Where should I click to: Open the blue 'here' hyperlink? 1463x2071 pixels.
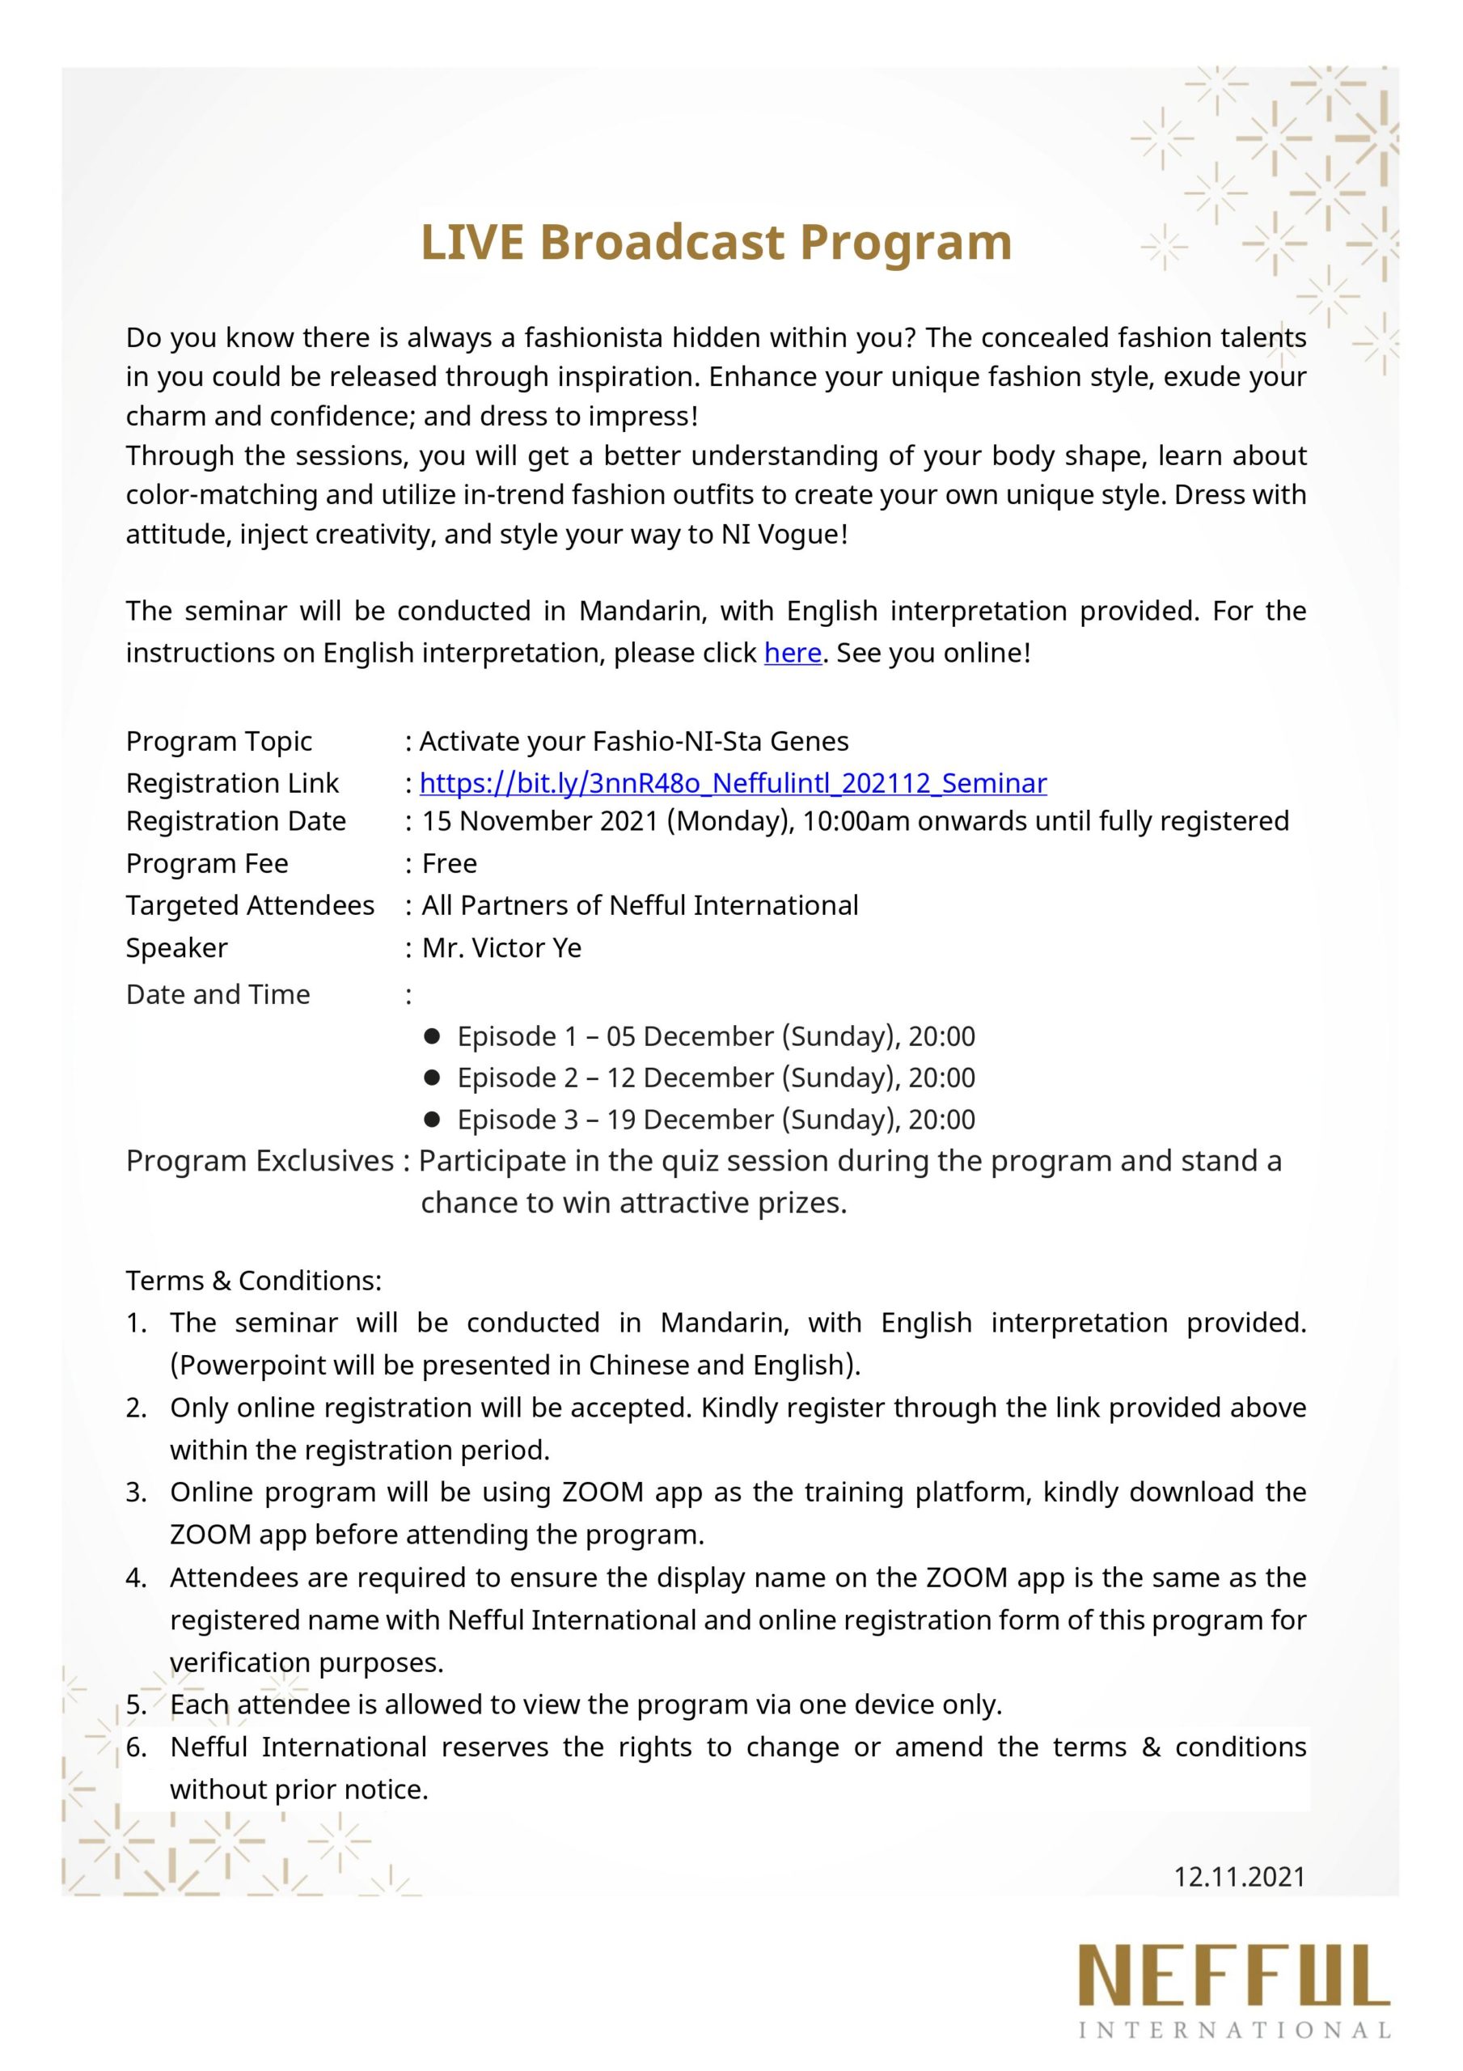[x=792, y=652]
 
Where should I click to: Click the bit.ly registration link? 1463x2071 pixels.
[x=733, y=783]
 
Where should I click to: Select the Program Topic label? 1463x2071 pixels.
[x=218, y=742]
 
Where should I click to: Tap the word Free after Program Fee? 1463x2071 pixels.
[x=449, y=863]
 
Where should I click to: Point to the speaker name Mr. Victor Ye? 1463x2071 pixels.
[x=501, y=948]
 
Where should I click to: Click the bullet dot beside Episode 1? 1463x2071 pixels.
[x=431, y=1036]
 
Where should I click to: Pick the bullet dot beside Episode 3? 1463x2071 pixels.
[x=431, y=1120]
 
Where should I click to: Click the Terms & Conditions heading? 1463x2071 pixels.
[x=253, y=1281]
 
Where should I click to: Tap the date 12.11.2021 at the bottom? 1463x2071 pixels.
[x=1238, y=1877]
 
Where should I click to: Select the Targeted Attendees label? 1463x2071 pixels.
[x=250, y=905]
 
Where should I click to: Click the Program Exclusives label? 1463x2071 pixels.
[x=260, y=1161]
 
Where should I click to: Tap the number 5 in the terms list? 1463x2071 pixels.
[x=135, y=1705]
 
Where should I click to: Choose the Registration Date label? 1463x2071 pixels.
[x=235, y=822]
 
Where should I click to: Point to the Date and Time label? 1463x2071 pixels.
[x=218, y=995]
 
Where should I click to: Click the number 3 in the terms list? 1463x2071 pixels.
[x=135, y=1493]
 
